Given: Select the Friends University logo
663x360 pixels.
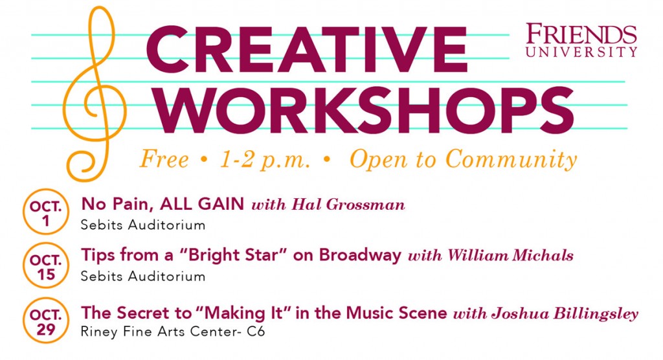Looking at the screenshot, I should pos(581,40).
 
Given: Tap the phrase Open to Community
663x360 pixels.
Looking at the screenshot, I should pos(463,159).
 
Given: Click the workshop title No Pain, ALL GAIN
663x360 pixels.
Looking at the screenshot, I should pos(163,205).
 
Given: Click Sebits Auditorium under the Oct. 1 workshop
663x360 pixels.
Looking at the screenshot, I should pos(143,226).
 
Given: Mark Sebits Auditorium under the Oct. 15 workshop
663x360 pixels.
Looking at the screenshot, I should pos(143,276).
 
